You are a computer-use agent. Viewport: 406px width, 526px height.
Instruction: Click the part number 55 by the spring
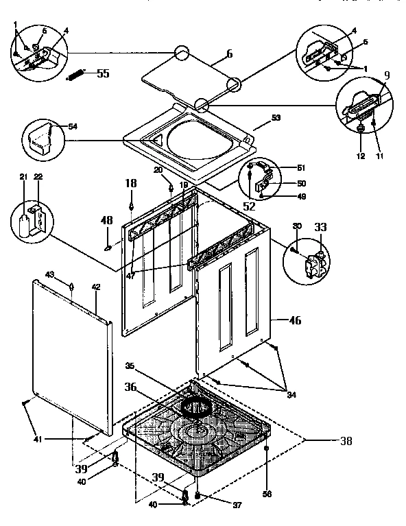coord(103,74)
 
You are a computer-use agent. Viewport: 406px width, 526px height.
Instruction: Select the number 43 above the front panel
coord(69,274)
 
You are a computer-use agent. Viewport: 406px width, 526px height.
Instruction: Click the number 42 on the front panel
coord(96,286)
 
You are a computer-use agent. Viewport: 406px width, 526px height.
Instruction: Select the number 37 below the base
coord(218,505)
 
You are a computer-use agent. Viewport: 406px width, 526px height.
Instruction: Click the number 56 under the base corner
coord(266,492)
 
